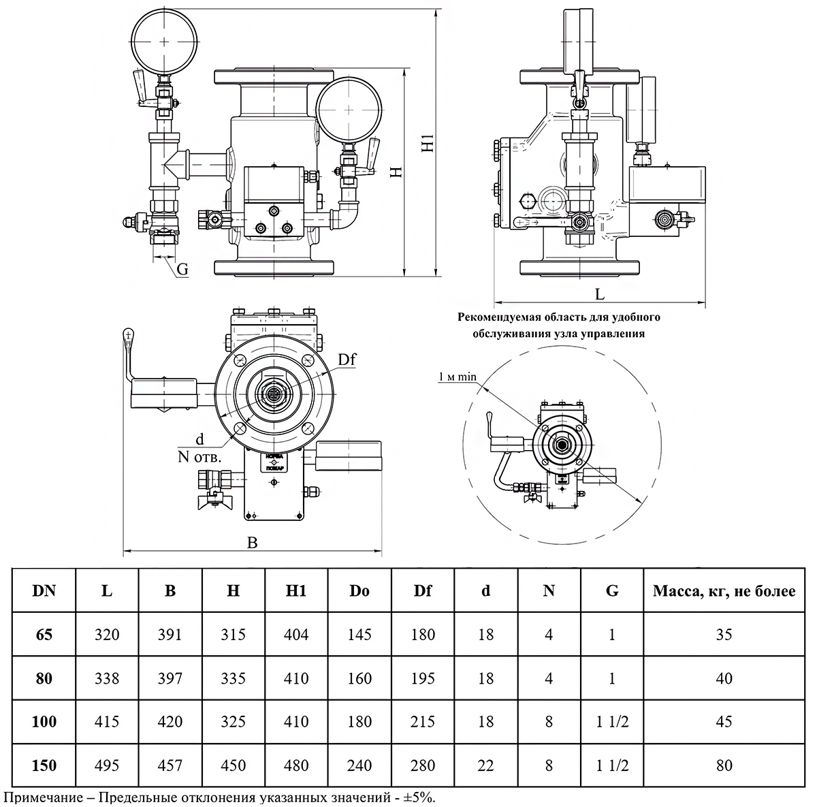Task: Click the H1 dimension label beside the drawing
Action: point(427,144)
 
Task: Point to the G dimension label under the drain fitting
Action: point(182,270)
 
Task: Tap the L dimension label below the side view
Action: point(600,294)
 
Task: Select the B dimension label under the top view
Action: point(252,543)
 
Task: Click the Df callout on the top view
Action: point(347,360)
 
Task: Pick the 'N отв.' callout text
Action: point(195,457)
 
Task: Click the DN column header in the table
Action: point(44,590)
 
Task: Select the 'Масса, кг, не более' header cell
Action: point(724,590)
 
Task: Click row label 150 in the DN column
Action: point(44,765)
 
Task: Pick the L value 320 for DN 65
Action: point(107,635)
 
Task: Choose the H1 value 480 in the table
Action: point(296,765)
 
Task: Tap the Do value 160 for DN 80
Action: point(359,678)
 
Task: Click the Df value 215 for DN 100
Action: point(423,722)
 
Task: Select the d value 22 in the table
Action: point(485,765)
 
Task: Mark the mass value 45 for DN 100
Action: point(724,722)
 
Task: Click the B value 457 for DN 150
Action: point(170,765)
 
